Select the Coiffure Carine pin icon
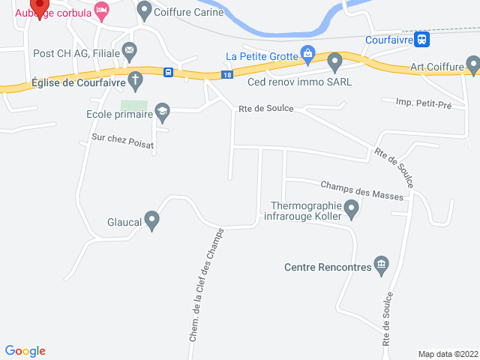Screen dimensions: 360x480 [x=143, y=11]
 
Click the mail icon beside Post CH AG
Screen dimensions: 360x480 [x=130, y=52]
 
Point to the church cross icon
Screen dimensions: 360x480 [x=135, y=78]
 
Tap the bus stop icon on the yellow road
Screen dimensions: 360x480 [x=168, y=73]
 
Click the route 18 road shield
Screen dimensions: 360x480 [x=226, y=74]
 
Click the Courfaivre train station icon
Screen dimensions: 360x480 [x=423, y=39]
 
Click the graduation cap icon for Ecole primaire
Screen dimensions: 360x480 [x=161, y=113]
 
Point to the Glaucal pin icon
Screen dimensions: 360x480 [x=152, y=221]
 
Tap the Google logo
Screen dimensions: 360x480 [x=25, y=351]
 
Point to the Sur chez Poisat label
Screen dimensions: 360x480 [x=121, y=142]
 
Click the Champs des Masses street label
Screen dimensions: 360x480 [x=361, y=190]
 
